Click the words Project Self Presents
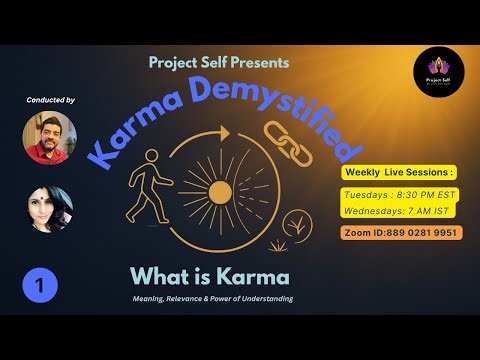point(219,62)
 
